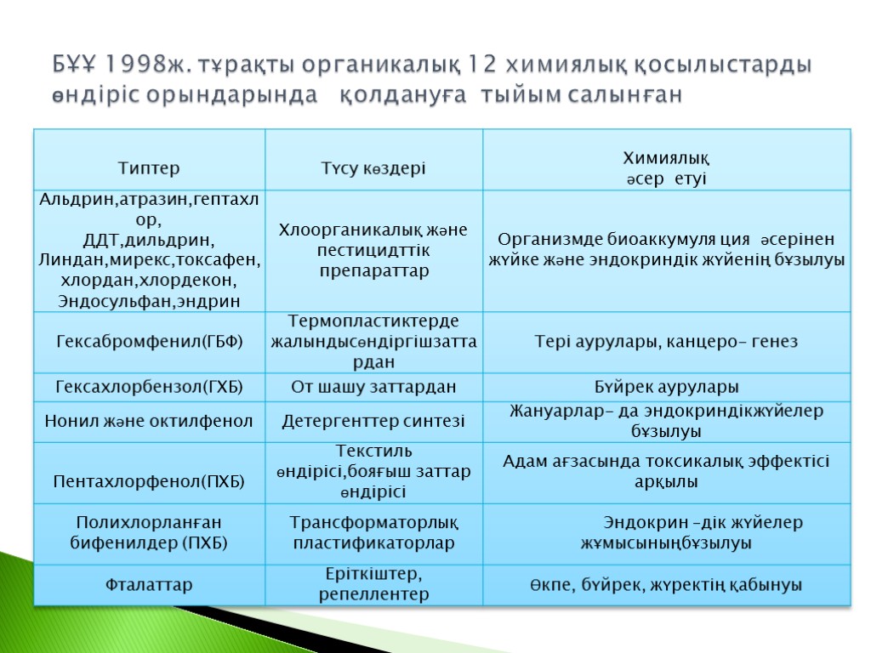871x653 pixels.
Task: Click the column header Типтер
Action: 149,168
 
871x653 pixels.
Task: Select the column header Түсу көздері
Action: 373,168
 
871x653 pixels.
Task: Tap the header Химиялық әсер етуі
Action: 666,168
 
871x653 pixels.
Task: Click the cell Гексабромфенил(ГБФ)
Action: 149,342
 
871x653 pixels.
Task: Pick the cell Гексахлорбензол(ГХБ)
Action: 149,388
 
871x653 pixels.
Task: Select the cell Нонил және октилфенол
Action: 149,421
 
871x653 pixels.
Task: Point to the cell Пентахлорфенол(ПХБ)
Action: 149,482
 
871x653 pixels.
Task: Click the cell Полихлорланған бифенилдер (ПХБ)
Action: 149,532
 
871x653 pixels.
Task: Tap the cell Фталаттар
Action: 149,585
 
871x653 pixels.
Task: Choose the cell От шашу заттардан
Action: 373,388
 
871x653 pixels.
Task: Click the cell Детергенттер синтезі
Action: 373,421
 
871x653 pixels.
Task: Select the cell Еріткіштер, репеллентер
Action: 373,584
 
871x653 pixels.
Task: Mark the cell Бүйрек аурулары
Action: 666,388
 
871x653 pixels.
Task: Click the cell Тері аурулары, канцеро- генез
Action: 666,342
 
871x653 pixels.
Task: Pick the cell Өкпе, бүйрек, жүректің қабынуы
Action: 666,585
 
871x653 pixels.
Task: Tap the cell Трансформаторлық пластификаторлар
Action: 373,532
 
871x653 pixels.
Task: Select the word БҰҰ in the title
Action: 74,65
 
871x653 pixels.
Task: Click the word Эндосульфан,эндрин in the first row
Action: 149,301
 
